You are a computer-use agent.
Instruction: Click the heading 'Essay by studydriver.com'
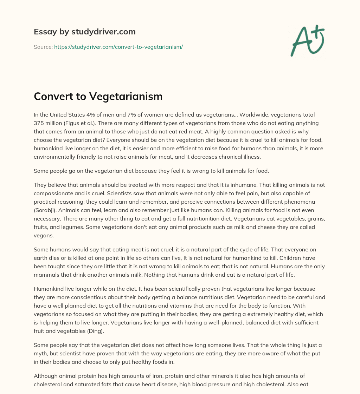click(x=85, y=32)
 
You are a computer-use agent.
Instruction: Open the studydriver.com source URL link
click(x=118, y=47)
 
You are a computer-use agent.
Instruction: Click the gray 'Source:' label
click(x=43, y=47)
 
